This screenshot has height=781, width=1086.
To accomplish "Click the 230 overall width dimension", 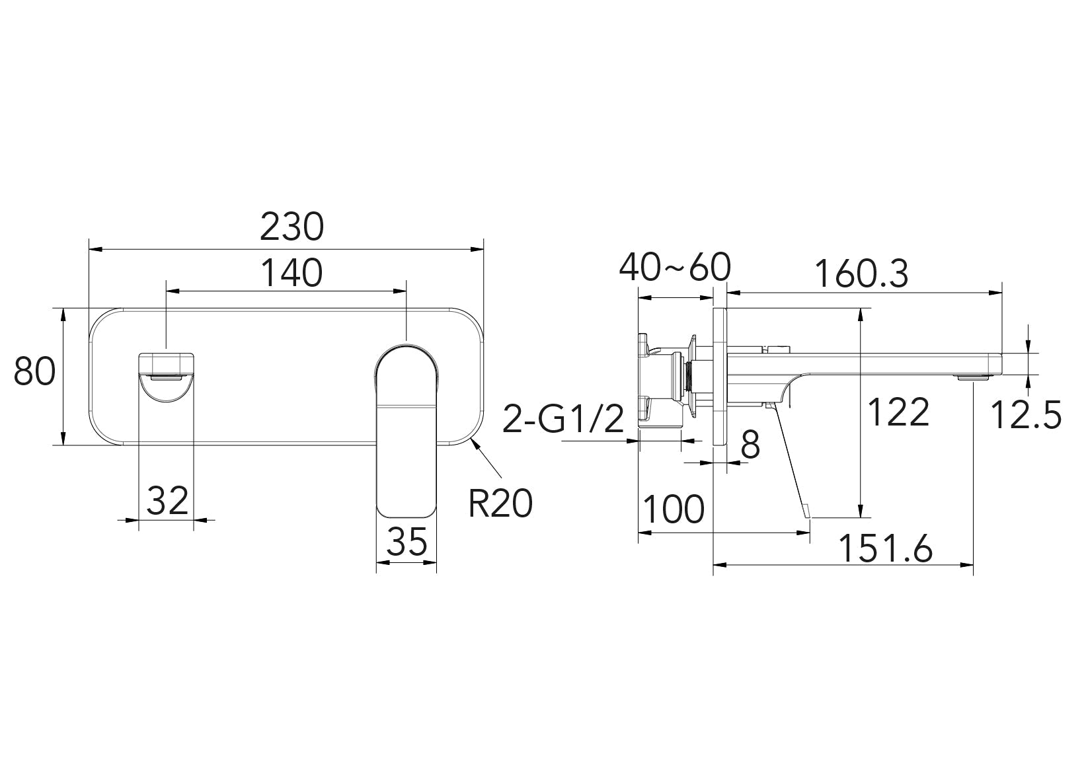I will (x=291, y=227).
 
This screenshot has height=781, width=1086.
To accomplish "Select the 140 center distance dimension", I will (x=291, y=272).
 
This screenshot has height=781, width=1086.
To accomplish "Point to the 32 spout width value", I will (x=167, y=500).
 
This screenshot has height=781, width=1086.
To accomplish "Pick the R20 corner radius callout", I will (x=500, y=504).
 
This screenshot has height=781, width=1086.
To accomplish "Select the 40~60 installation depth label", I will (x=674, y=268).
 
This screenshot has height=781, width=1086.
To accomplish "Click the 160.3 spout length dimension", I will (x=861, y=274).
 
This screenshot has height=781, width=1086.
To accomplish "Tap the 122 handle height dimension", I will (x=898, y=412).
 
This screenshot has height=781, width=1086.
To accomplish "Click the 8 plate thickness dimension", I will (x=750, y=445).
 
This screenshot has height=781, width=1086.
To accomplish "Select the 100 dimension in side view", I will (x=674, y=509).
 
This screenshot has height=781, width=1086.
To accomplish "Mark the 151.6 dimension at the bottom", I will (x=886, y=548).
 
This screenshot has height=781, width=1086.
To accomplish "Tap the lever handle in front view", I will (x=407, y=429).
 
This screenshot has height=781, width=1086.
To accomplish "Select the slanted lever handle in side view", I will (x=790, y=463).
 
